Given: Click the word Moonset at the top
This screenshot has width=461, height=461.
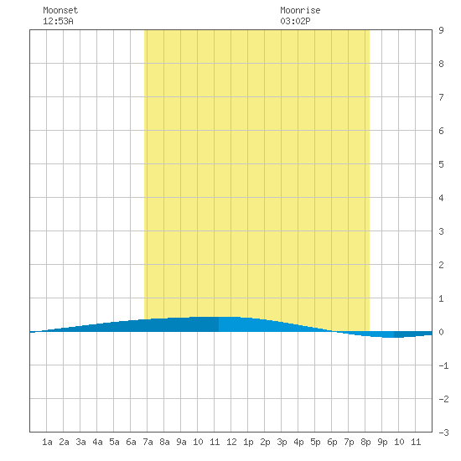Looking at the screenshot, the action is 60,10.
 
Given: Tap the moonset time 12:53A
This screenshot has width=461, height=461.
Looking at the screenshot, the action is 58,21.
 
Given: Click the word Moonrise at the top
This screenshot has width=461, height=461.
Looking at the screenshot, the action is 300,10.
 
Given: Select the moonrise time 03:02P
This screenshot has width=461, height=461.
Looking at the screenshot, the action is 295,21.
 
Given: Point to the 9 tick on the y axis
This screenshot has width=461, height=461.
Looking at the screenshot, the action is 441,30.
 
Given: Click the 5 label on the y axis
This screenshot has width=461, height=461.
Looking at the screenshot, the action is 441,164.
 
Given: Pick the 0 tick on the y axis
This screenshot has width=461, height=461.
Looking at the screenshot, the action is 441,332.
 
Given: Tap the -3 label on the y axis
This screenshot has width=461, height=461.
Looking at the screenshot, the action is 443,433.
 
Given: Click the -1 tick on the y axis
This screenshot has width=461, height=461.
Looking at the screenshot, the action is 443,365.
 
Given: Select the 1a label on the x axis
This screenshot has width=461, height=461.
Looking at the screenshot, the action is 47,442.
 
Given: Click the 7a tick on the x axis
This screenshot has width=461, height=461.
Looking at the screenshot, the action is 148,442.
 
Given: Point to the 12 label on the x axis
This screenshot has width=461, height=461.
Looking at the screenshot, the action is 231,442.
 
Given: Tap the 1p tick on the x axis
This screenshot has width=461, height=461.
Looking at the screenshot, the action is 248,442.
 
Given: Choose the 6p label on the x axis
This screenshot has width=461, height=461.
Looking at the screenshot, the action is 332,442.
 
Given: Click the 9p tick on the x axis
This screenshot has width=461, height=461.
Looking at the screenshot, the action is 382,442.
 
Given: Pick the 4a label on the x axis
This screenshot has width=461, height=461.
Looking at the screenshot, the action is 97,442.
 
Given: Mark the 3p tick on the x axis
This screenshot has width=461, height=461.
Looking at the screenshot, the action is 282,442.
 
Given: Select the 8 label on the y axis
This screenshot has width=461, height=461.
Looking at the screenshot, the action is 441,64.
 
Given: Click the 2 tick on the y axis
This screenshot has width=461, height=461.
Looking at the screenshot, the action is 441,265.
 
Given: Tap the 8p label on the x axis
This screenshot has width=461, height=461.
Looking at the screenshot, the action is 365,442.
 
